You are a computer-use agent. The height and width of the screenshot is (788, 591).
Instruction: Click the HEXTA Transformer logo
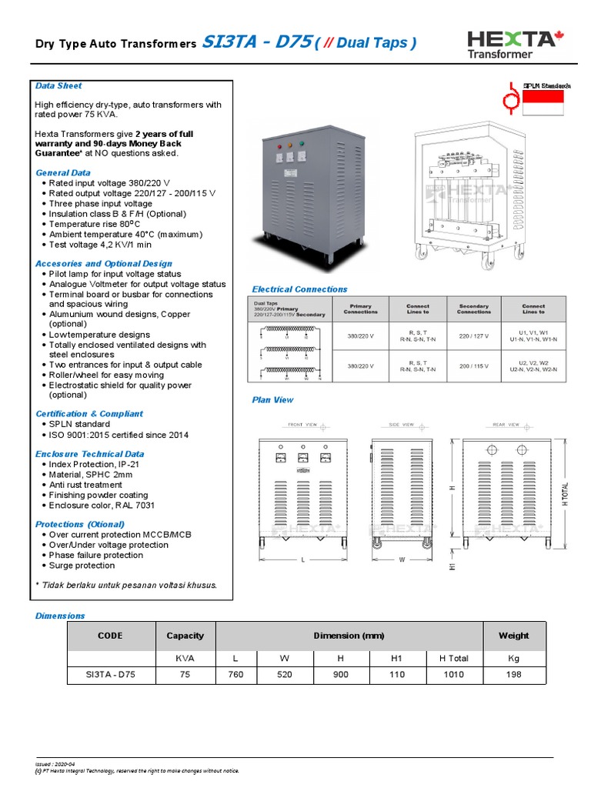coord(510,43)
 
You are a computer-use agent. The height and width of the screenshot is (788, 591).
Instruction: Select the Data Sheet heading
coord(58,85)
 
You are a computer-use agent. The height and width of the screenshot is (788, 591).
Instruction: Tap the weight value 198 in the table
coord(513,675)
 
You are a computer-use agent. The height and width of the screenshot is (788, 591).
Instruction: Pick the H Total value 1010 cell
coord(453,675)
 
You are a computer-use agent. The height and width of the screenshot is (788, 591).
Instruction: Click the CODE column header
coord(110,636)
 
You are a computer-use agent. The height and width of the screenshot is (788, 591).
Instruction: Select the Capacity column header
coord(185,636)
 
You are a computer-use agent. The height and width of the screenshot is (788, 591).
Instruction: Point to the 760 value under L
coord(235,675)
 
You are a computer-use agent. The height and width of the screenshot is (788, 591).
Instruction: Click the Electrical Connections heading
coord(299,289)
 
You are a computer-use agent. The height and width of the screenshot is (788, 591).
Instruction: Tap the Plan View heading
coord(272,400)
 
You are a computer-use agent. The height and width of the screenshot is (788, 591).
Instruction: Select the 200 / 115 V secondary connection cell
coord(473,366)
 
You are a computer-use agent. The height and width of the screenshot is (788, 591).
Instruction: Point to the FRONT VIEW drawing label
coord(302,424)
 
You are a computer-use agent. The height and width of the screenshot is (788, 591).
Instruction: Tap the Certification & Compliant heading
coord(88,414)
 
